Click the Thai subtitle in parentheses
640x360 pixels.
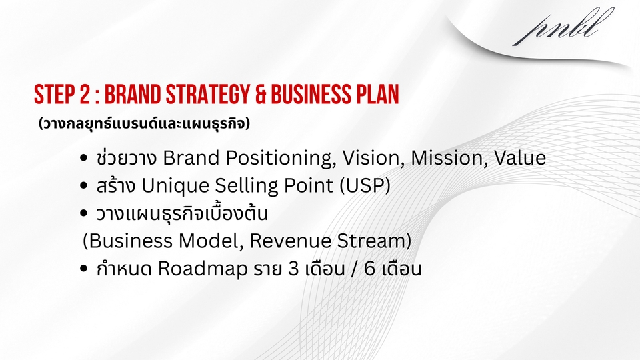tap(143, 124)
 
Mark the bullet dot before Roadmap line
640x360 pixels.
tap(83, 271)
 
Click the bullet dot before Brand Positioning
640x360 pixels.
tap(83, 159)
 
